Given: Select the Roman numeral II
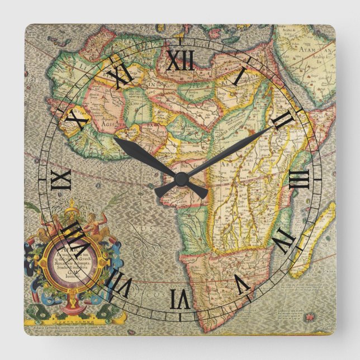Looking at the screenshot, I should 284,120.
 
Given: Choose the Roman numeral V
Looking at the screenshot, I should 240,283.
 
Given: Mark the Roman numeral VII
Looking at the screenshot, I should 120,283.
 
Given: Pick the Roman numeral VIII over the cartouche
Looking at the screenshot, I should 77,239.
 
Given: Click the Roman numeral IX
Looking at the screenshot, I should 60,179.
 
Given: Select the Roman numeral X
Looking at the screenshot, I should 77,120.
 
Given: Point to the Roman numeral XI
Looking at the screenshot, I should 120,76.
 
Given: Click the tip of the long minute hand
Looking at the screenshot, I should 274,128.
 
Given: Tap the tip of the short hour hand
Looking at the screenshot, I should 115,139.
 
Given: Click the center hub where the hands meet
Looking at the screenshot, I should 180,179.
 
